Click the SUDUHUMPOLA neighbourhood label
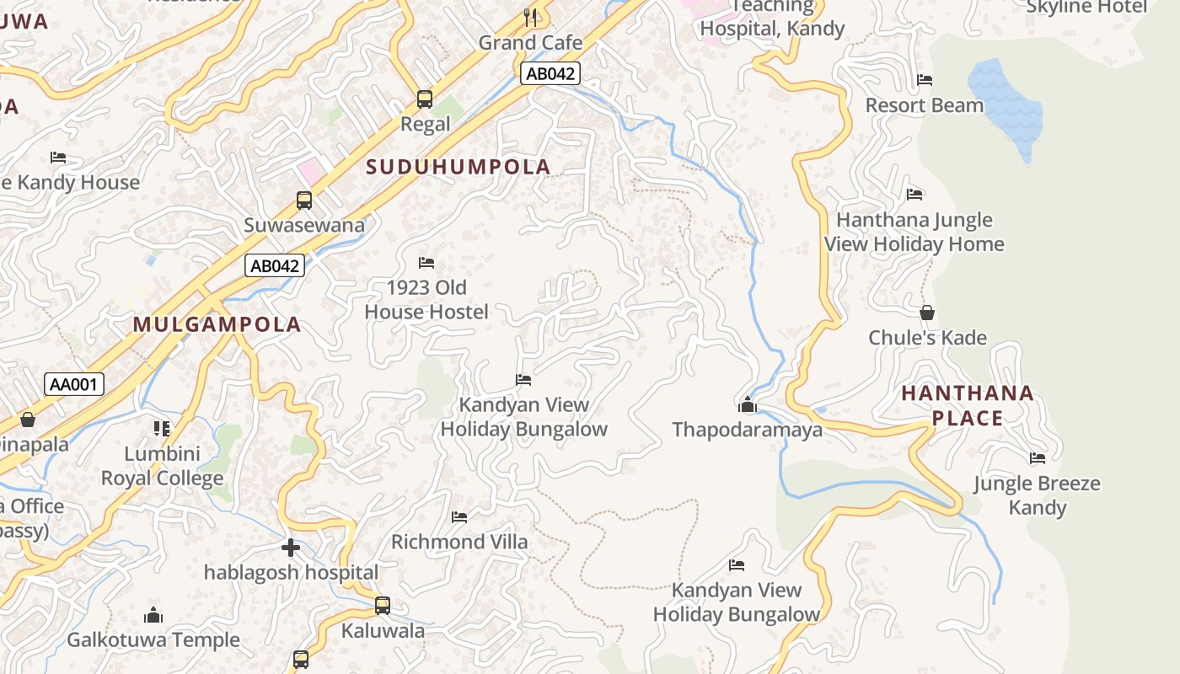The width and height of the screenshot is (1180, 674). [459, 167]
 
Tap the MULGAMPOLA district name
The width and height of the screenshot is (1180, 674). [217, 324]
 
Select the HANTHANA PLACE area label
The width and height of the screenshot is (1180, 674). [968, 405]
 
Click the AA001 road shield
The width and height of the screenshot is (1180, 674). [74, 385]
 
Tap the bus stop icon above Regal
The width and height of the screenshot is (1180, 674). [425, 99]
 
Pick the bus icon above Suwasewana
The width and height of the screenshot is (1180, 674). [304, 201]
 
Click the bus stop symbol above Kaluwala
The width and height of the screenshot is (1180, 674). [383, 605]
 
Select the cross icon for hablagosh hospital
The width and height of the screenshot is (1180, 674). [291, 548]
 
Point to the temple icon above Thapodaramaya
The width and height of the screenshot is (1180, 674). [747, 405]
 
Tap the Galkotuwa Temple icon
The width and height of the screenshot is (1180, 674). [153, 615]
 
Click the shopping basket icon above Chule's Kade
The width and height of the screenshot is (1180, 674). [927, 313]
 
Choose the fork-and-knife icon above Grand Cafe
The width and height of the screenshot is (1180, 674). [530, 17]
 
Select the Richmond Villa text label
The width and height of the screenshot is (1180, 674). [459, 542]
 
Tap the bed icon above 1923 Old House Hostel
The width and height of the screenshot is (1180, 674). [426, 263]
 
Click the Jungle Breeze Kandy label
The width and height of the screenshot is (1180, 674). [1037, 495]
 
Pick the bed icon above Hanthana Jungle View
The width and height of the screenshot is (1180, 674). [914, 195]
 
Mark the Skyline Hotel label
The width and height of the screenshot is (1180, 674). [1086, 7]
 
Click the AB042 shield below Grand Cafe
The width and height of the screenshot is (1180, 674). [550, 73]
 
